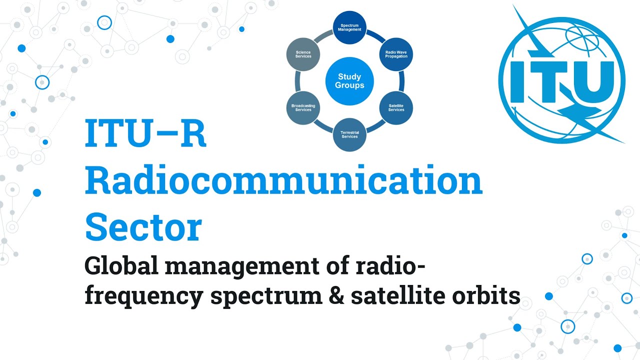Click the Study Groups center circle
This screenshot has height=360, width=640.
tap(350, 81)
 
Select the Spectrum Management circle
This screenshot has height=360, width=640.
tap(350, 27)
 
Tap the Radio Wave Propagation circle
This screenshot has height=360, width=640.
tap(396, 54)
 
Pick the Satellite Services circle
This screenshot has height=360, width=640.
tap(396, 107)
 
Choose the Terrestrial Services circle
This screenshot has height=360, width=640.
tap(349, 134)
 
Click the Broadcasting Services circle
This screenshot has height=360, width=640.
tap(303, 107)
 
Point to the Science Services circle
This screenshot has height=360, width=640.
tap(303, 54)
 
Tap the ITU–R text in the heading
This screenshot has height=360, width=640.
tap(145, 134)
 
